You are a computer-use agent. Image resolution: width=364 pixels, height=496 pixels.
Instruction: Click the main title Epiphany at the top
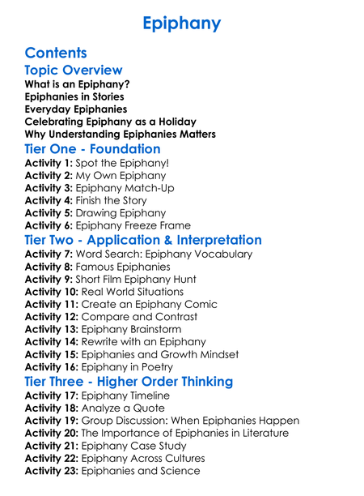tap(181, 23)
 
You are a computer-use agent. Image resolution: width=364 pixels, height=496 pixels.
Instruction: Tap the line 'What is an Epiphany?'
tap(77, 84)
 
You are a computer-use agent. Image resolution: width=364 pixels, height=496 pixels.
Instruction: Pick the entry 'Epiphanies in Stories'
tap(74, 96)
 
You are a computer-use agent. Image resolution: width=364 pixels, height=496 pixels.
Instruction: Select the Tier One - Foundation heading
tap(92, 148)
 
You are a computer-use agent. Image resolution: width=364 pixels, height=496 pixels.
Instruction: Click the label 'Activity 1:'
tap(49, 163)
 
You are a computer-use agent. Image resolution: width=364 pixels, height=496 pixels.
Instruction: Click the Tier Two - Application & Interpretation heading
tap(143, 240)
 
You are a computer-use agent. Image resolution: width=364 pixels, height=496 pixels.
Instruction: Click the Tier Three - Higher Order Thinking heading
tap(129, 381)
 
